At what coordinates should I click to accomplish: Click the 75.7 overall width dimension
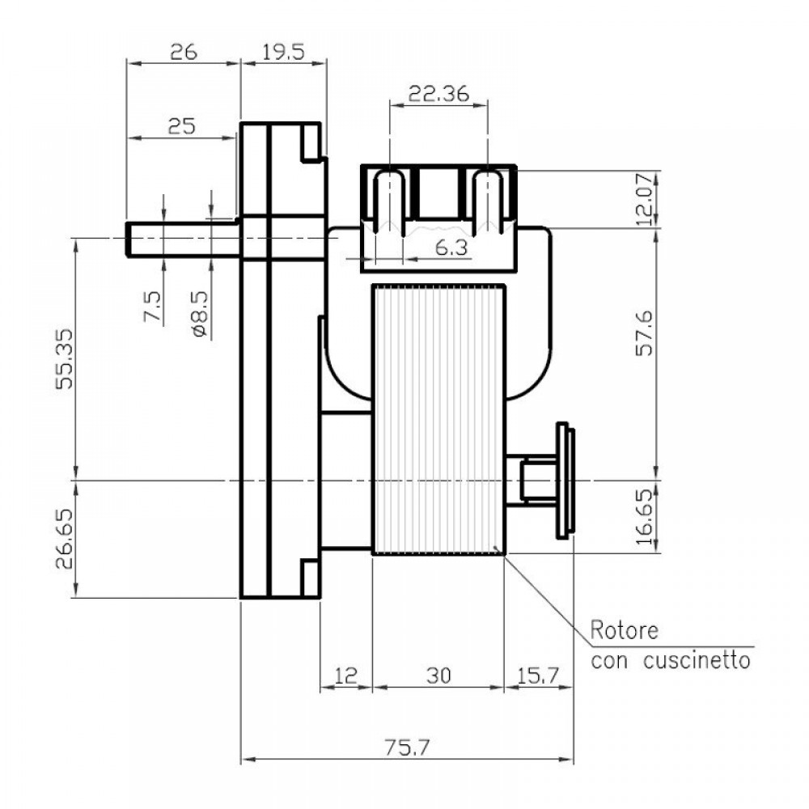(406, 748)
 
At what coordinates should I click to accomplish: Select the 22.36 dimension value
(438, 94)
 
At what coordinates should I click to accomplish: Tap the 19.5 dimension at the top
(283, 53)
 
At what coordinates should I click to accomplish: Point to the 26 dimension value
(183, 53)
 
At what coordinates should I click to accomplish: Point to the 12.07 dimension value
(645, 199)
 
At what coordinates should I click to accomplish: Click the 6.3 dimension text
(451, 248)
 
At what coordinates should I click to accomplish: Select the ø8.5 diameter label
(200, 315)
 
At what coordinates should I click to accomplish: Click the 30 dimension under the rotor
(438, 675)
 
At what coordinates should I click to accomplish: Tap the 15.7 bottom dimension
(538, 675)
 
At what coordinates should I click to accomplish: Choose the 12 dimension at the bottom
(345, 675)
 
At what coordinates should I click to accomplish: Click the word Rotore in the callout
(625, 630)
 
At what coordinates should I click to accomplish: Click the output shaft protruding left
(182, 239)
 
